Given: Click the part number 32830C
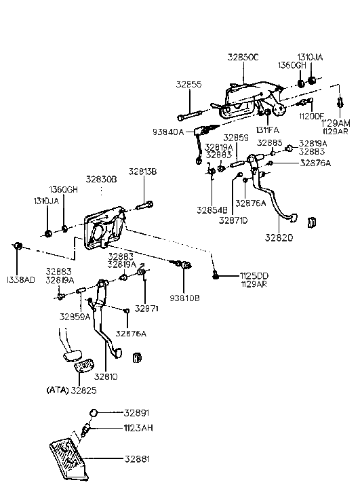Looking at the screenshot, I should [x=243, y=59].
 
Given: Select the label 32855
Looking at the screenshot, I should [x=189, y=85].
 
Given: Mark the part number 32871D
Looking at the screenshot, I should [x=233, y=220].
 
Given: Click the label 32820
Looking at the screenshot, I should [x=279, y=239].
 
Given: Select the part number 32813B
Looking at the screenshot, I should [x=143, y=172].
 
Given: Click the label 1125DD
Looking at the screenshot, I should [x=254, y=275].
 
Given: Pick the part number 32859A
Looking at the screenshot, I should [x=74, y=316].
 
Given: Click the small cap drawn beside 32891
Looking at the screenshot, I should [x=97, y=412].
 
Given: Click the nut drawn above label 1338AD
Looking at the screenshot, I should [x=19, y=245].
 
